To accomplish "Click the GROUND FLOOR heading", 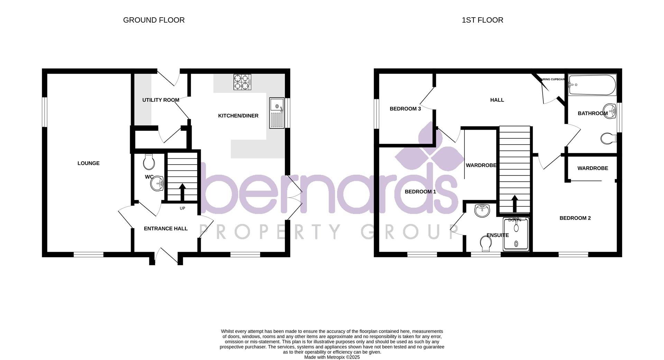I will pos(154,20).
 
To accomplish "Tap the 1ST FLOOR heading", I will pos(482,20).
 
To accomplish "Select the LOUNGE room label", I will pos(89,163).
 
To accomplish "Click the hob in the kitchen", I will pos(242,82).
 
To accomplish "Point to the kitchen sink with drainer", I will pos(277,113).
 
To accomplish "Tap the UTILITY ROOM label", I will pos(160,100).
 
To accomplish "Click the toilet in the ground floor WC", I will pos(149,162).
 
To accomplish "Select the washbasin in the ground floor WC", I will pos(158,183).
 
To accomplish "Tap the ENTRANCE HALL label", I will pos(166,229).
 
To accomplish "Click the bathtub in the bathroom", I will pos(592,85).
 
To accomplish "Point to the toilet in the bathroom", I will pos(609,139).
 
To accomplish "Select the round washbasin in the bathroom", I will pos(610,111).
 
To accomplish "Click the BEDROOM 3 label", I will pos(405,109).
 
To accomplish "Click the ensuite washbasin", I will pos(482,210).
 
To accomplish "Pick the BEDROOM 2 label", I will pos(575,218).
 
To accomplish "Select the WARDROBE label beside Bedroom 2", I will pos(592,168).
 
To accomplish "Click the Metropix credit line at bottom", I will pos(332,357).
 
